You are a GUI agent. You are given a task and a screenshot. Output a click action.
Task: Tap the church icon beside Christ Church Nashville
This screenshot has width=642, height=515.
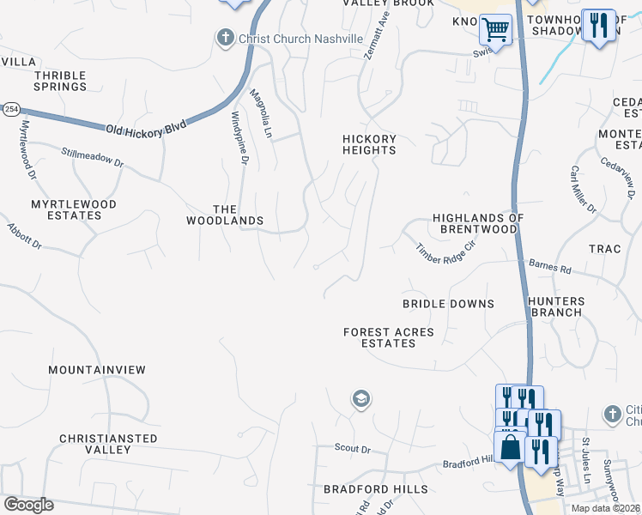tap(225, 38)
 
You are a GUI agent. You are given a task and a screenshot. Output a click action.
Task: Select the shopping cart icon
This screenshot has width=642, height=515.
tap(495, 30)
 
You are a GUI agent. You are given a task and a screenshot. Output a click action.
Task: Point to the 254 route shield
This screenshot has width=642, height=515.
tap(11, 110)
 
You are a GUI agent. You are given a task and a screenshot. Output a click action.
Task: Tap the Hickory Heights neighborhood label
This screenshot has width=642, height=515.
tap(369, 144)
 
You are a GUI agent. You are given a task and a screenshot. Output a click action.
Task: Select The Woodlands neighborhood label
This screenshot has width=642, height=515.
tap(225, 215)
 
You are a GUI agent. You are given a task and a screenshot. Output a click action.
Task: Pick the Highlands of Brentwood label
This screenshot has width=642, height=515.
tap(478, 223)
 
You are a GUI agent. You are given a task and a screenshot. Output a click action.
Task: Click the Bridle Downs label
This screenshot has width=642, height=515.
tap(449, 304)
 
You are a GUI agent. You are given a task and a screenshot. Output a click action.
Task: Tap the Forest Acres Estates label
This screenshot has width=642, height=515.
tap(388, 337)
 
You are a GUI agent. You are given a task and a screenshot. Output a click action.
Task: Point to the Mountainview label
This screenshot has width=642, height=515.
tap(97, 370)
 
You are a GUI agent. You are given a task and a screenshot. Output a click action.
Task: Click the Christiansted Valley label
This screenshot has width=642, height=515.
tap(108, 444)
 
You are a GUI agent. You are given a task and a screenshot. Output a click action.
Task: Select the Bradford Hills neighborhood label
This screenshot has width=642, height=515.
tap(375, 489)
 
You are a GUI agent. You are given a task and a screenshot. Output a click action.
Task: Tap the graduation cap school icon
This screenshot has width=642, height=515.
tap(361, 399)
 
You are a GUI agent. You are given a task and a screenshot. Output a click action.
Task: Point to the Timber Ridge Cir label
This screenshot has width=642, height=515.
tap(445, 252)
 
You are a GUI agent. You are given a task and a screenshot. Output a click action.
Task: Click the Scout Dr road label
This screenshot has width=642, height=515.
tap(353, 449)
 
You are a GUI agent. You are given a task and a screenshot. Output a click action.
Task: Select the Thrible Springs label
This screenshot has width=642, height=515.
tap(60, 81)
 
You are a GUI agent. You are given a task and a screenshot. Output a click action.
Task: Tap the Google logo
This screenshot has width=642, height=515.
tap(28, 505)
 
